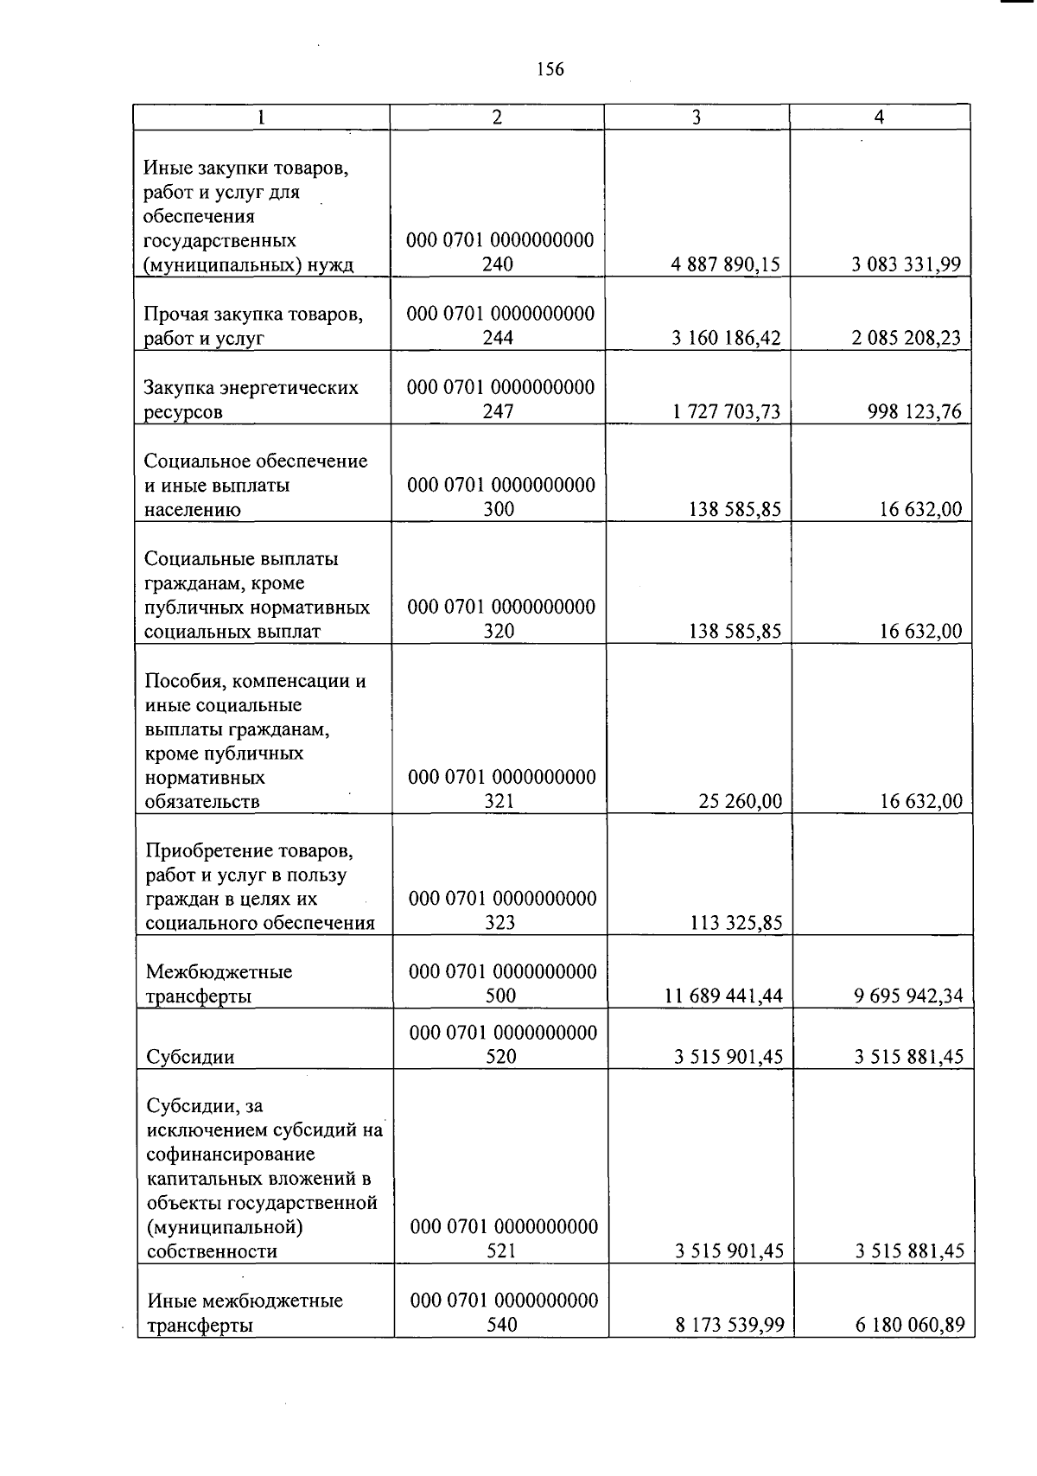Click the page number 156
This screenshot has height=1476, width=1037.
550,69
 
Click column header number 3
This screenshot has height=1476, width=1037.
696,118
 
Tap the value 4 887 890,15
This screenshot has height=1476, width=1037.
725,264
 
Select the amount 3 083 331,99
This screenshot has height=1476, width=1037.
906,264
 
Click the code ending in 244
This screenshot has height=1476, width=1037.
500,326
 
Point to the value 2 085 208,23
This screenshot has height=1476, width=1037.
906,338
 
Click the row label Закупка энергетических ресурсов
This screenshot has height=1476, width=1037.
251,399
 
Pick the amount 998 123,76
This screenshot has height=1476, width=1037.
913,411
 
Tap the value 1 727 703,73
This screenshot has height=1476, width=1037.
726,411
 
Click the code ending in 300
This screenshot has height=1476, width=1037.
500,497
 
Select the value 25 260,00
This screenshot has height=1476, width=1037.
740,802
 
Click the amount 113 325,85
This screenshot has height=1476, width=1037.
735,923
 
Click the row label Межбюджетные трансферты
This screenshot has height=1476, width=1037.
219,983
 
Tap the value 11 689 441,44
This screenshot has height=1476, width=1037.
723,996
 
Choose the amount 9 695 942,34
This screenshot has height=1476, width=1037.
908,996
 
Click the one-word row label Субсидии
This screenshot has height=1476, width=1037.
190,1057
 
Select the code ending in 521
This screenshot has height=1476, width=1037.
503,1238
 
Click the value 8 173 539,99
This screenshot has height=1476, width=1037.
729,1325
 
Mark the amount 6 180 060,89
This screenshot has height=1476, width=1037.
910,1325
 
